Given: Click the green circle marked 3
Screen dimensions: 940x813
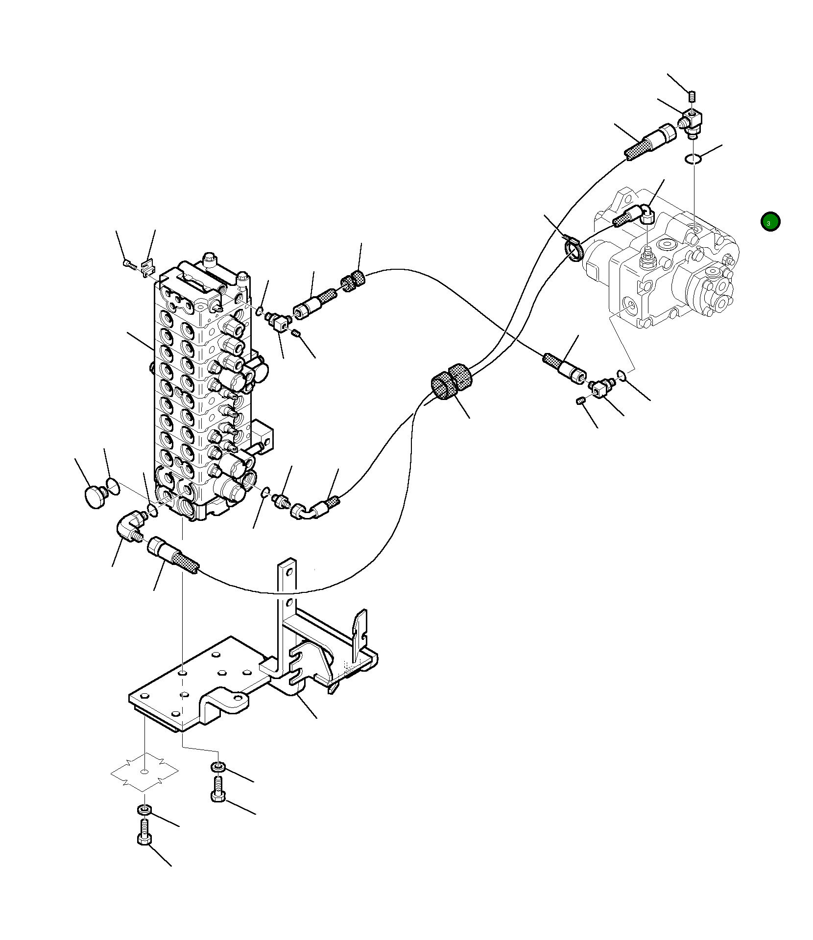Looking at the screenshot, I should coord(770,222).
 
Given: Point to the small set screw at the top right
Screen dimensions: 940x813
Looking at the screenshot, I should coord(692,95).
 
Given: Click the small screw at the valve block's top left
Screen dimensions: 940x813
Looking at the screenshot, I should coord(129,264).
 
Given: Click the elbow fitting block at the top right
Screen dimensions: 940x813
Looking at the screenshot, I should coord(692,121).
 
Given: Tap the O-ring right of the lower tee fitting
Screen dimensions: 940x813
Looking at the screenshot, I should coord(622,376).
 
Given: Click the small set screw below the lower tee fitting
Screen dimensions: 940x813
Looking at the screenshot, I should coord(581,401).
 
